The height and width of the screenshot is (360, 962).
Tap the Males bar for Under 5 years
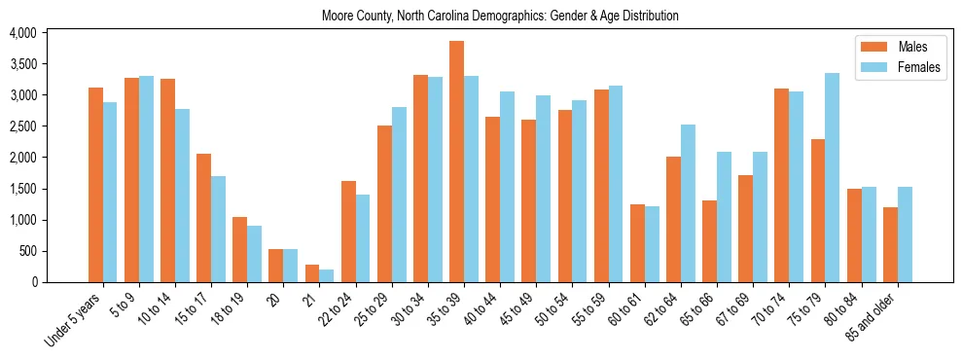coord(95,185)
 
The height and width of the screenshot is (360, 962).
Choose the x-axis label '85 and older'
coord(873,317)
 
